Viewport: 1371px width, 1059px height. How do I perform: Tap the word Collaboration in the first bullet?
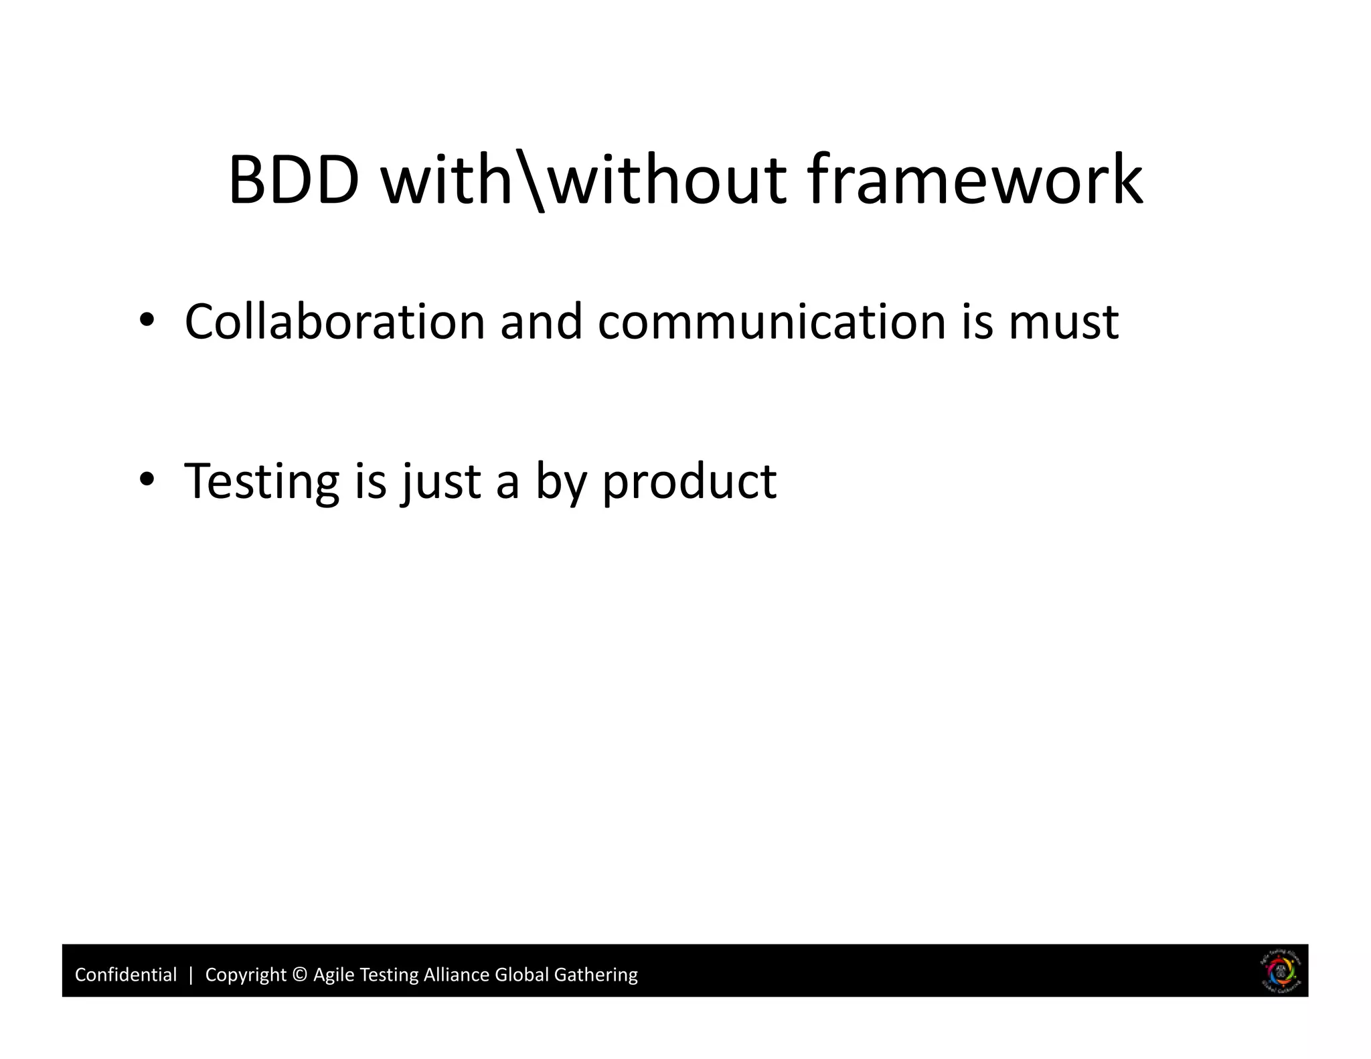(x=334, y=322)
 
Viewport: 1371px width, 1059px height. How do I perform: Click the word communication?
(x=772, y=322)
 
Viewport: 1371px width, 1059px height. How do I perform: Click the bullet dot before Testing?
(x=147, y=480)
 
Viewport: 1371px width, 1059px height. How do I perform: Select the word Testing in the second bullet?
(x=262, y=482)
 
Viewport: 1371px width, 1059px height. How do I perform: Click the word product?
(x=690, y=482)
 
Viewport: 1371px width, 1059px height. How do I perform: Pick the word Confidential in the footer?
(x=126, y=975)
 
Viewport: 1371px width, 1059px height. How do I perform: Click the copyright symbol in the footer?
(x=300, y=975)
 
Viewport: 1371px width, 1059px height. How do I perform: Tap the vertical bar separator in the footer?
(x=191, y=975)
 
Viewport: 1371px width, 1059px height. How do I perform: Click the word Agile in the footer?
(x=333, y=975)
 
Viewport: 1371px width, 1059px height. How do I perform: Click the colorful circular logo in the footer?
(x=1281, y=972)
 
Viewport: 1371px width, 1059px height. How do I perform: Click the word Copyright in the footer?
(x=245, y=975)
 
